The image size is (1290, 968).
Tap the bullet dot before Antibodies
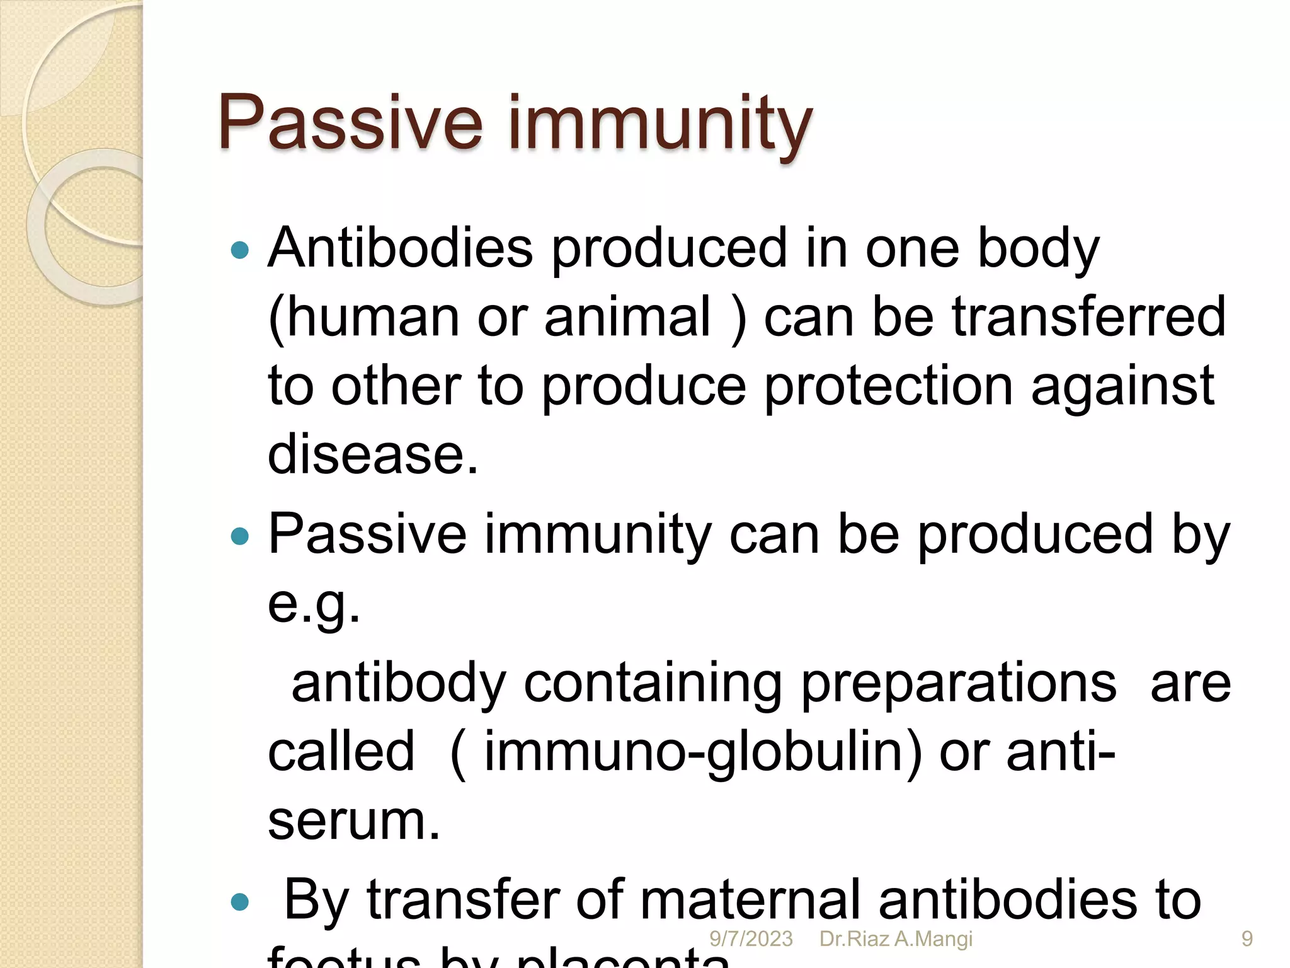(240, 251)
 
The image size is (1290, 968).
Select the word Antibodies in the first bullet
(401, 248)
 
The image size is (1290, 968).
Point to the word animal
(627, 316)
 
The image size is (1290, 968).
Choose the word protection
(889, 386)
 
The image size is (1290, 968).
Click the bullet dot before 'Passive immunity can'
(240, 536)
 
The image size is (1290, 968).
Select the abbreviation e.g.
(314, 604)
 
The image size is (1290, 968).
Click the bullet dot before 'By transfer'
(240, 902)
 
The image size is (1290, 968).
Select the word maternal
(750, 900)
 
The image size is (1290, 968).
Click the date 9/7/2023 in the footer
(751, 939)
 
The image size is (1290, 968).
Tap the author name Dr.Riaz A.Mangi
(896, 939)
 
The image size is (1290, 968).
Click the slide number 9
(1247, 939)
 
